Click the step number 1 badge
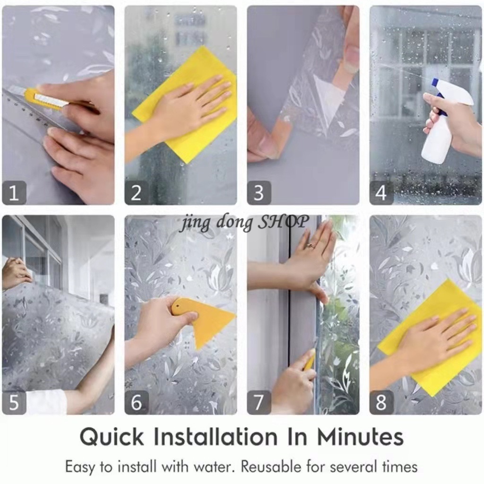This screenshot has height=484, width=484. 14,193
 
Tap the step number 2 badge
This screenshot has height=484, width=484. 137,193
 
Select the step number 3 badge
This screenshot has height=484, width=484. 259,193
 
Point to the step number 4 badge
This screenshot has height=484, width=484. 381,193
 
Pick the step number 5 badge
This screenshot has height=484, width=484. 14,402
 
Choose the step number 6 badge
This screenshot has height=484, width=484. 137,402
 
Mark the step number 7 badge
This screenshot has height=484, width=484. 259,402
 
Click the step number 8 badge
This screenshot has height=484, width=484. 381,402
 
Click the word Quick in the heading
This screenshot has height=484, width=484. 112,437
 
